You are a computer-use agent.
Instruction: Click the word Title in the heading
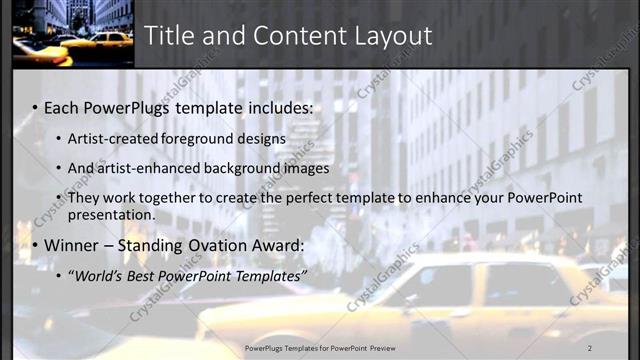(x=171, y=36)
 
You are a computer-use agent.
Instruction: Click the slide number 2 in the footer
(x=589, y=347)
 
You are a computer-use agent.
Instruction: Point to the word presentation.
(x=111, y=214)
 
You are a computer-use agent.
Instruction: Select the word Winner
(x=72, y=245)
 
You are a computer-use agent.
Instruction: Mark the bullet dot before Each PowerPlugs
(x=35, y=108)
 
